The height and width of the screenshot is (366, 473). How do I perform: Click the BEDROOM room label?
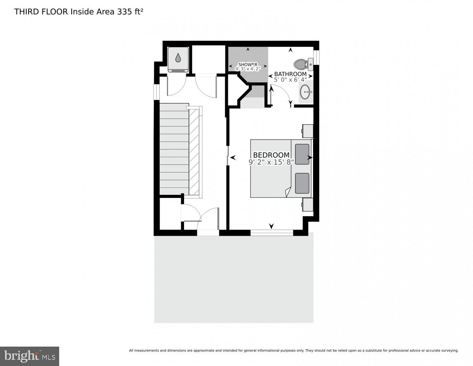271,155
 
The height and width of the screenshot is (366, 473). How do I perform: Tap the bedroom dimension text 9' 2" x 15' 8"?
271,162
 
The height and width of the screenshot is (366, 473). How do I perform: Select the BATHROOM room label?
290,74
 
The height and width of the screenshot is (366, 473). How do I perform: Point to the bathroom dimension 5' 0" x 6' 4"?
290,80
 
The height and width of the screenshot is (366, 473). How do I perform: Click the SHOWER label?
248,64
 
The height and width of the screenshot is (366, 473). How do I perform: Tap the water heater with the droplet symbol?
178,59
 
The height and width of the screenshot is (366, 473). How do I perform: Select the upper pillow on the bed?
302,154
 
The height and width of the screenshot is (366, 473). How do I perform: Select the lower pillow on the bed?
302,183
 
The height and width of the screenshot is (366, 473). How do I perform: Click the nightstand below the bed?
308,205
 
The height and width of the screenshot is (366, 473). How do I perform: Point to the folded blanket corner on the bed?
288,191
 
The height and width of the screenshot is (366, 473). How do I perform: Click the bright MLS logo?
30,356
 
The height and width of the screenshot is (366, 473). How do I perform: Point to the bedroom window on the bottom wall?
271,232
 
